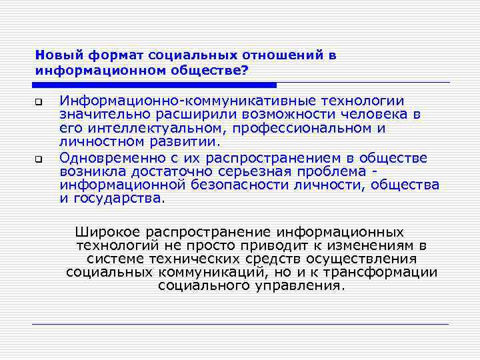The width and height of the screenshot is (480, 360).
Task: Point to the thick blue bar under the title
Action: coord(154,85)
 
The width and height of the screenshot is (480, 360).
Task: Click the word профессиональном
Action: coord(303,127)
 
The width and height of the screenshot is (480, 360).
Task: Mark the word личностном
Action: coord(97,141)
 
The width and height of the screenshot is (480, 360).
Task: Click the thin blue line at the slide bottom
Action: coord(240,324)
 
